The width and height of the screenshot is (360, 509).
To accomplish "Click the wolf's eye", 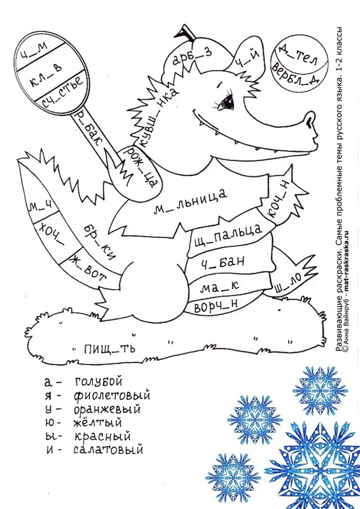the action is click(x=227, y=101).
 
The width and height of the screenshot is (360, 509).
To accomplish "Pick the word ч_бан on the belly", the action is click(x=217, y=261).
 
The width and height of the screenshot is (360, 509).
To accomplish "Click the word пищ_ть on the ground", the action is click(x=110, y=349).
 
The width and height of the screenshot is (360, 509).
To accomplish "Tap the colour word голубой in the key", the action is click(x=97, y=381).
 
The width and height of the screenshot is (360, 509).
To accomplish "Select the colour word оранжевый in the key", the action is click(x=107, y=409).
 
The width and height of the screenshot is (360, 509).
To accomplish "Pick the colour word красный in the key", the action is click(x=102, y=436).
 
